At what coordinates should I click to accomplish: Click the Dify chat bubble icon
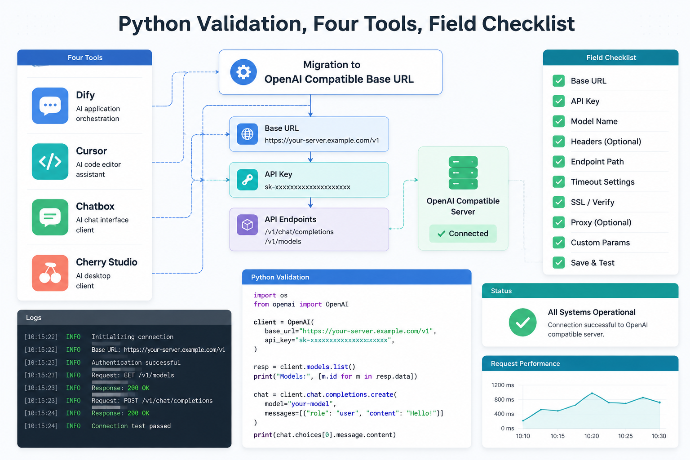tap(50, 106)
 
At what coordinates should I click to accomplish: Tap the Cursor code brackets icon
tap(50, 161)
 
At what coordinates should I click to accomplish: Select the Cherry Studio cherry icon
tap(50, 273)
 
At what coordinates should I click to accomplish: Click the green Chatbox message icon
tap(50, 217)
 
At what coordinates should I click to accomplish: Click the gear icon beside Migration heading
tap(243, 72)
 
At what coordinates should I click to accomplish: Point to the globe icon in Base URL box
tap(248, 134)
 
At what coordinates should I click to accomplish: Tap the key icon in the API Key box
tap(248, 180)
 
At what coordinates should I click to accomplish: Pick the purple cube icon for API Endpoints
tap(248, 225)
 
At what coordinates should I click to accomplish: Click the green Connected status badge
tap(463, 234)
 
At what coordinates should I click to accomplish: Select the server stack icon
tap(463, 173)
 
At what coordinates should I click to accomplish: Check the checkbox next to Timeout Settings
tap(558, 182)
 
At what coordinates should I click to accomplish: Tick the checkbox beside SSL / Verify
tap(558, 202)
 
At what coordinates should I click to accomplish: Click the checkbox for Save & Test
tap(558, 262)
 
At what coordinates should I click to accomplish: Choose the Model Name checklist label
tap(594, 121)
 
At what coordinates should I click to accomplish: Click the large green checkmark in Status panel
tap(523, 322)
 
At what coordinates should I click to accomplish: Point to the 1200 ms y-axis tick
tap(503, 385)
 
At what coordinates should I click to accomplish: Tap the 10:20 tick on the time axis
tap(592, 436)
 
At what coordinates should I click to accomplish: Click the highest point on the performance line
tap(592, 394)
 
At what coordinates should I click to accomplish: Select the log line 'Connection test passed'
tap(131, 426)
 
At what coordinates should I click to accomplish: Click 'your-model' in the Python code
tap(310, 403)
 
